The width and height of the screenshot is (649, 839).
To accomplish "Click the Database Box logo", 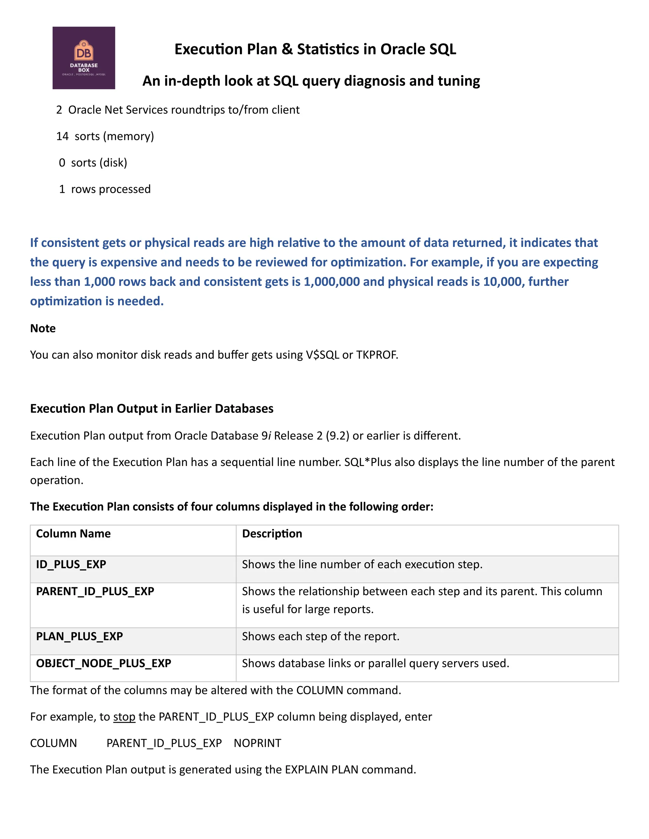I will [84, 58].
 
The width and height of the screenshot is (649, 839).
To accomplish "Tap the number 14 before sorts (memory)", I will [62, 136].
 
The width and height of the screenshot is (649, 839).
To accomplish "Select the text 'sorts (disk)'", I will [99, 163].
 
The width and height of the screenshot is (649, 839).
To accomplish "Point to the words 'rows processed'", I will [111, 189].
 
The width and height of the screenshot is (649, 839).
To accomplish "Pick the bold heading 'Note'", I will [43, 328].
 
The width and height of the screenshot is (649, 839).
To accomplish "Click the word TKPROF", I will [376, 355].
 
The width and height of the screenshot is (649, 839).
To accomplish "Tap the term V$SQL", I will [322, 355].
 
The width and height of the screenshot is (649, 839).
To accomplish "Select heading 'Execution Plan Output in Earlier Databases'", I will [151, 408].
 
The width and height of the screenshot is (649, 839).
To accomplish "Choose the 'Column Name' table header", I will [73, 533].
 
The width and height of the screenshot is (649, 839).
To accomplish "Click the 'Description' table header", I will [272, 533].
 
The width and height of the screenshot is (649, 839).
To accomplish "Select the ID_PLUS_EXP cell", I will [71, 564].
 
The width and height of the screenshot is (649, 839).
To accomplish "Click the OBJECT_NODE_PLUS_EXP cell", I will [103, 663].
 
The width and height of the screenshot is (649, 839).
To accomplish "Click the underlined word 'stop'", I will [124, 717].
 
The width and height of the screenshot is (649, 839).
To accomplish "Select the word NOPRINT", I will [257, 743].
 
